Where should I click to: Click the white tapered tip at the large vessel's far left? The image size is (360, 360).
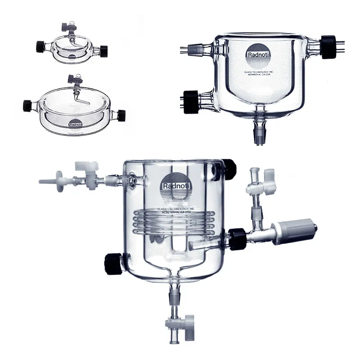click(47, 182)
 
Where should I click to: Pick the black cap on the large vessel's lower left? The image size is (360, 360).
click(111, 261)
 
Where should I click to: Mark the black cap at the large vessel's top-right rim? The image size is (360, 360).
click(229, 165)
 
